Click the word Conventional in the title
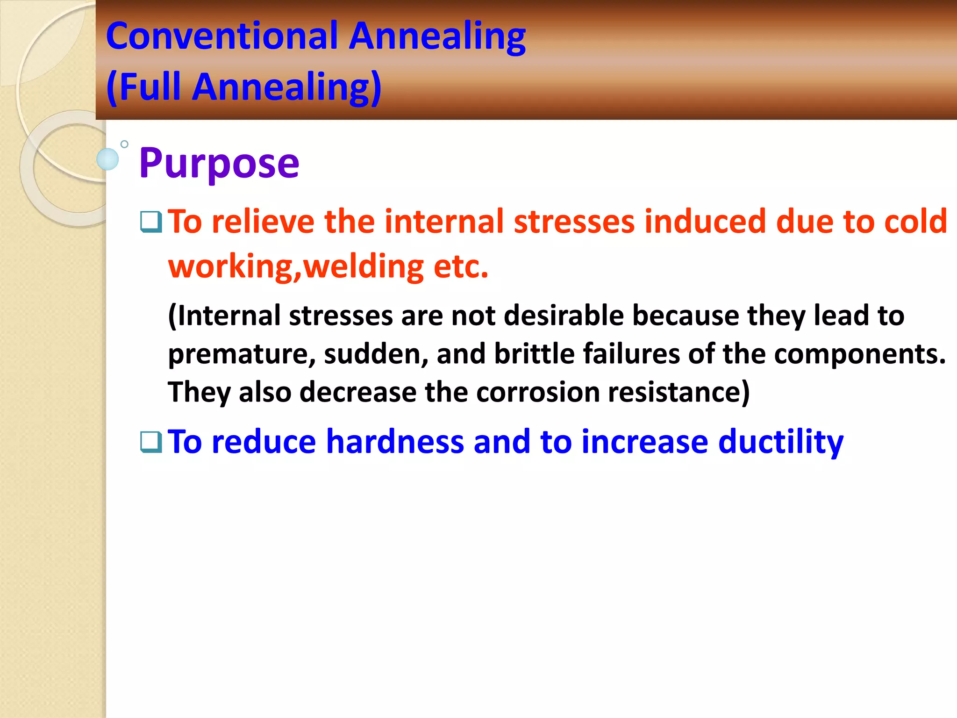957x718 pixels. [x=222, y=36]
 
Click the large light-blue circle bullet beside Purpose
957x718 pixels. [x=108, y=159]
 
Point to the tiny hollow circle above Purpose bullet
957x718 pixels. [x=124, y=144]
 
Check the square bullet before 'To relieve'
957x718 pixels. [x=151, y=222]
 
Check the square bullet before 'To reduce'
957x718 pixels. [x=151, y=442]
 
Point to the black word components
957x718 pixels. [x=860, y=354]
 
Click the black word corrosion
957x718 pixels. [x=537, y=392]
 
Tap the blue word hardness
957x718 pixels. [x=395, y=442]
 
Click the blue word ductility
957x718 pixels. [x=780, y=442]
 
